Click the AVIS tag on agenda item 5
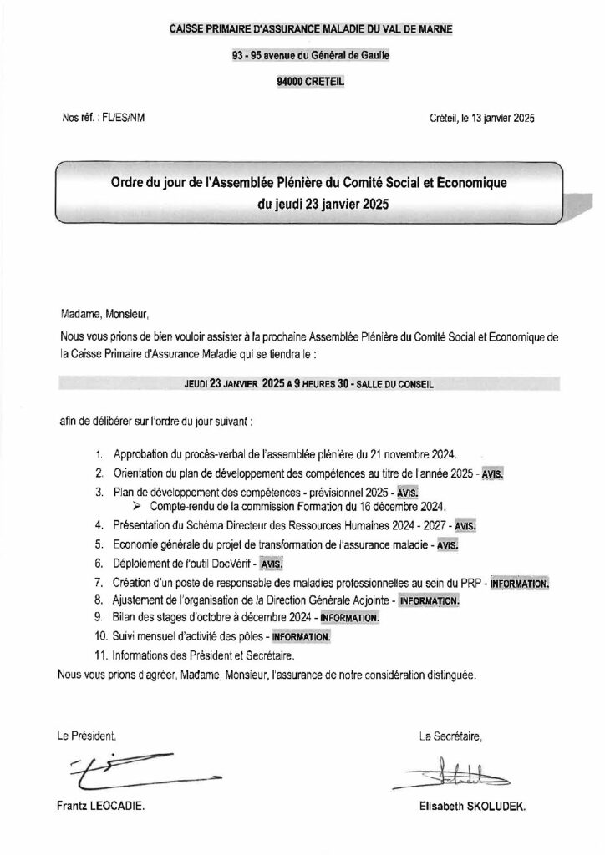pyautogui.click(x=449, y=545)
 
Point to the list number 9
pyautogui.click(x=99, y=618)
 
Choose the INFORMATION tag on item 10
pyautogui.click(x=297, y=637)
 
